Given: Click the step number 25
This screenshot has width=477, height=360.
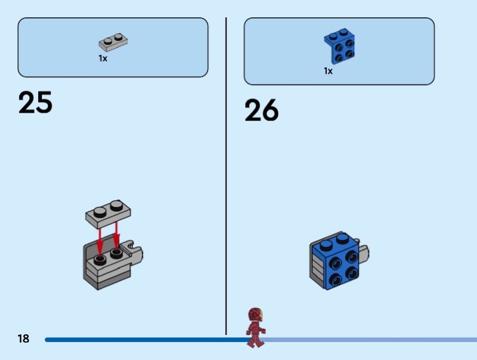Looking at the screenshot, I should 35,103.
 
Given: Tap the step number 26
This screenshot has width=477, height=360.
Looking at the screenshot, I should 261,110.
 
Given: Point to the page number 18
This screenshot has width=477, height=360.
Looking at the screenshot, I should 23,339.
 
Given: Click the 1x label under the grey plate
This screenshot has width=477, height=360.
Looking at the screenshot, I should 103,59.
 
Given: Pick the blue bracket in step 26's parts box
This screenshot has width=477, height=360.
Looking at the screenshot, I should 339,45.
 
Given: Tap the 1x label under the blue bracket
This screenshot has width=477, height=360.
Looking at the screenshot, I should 328,71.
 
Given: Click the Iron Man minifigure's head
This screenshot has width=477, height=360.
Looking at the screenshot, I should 255,315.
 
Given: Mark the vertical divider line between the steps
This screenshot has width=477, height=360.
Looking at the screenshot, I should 226,179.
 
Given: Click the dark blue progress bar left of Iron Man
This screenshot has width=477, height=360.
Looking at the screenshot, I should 143,340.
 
